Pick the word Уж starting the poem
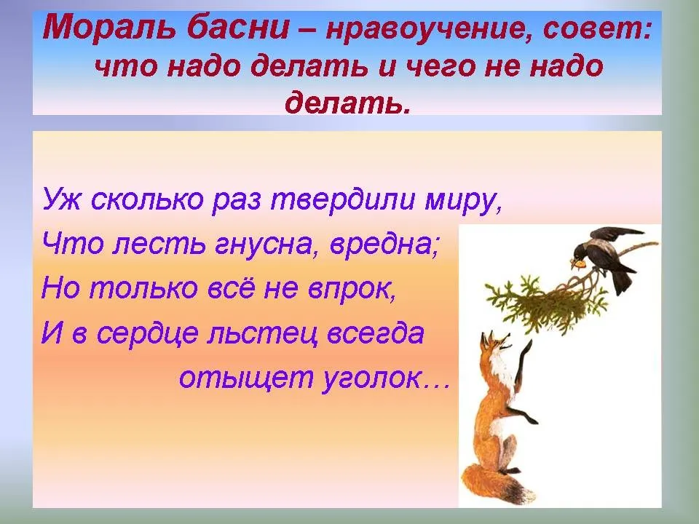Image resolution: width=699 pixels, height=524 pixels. [x=62, y=199]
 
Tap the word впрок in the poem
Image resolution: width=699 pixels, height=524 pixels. [x=351, y=289]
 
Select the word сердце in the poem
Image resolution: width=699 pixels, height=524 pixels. [x=147, y=334]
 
